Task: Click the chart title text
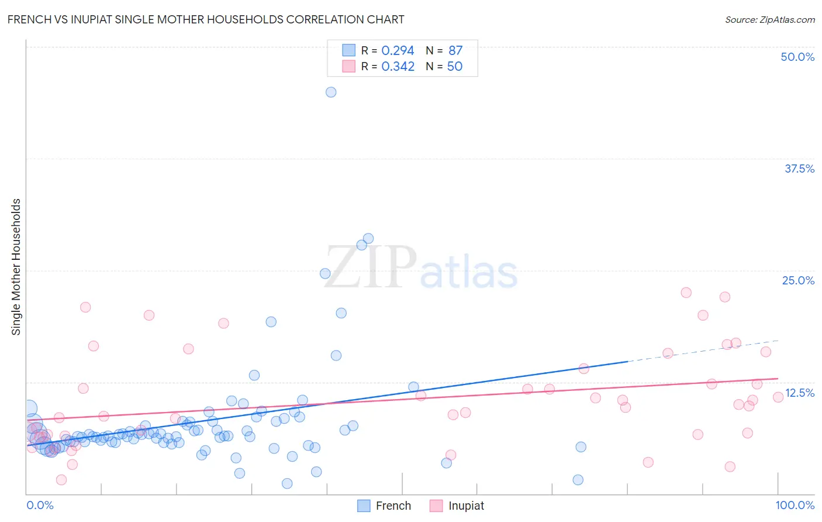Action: [x=205, y=19]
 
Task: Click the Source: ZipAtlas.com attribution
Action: [x=769, y=19]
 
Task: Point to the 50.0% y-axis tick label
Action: [x=797, y=57]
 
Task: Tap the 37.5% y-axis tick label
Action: [x=799, y=169]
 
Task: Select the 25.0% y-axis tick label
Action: [x=798, y=280]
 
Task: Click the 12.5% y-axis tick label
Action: [x=799, y=393]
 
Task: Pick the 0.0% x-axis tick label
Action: [x=40, y=505]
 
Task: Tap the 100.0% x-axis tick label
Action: [x=795, y=505]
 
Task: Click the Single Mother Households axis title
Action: [x=16, y=267]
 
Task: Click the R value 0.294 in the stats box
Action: [x=398, y=51]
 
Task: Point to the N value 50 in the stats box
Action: [x=454, y=67]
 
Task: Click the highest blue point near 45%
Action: [x=331, y=92]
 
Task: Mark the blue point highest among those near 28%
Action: [x=368, y=238]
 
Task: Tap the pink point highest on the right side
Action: [x=686, y=293]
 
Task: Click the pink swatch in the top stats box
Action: [x=349, y=66]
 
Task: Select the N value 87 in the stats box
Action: [x=455, y=51]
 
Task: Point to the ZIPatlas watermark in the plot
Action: [x=421, y=268]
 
